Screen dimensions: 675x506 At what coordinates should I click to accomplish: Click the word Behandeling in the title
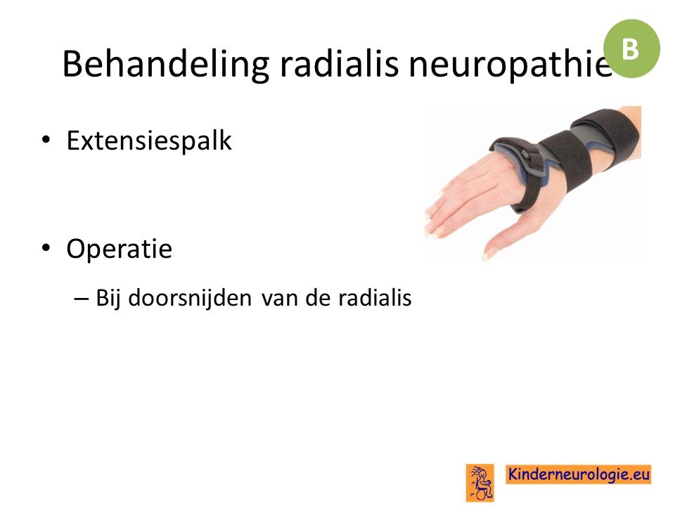point(166,64)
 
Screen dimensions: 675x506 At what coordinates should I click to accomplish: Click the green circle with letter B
point(631,48)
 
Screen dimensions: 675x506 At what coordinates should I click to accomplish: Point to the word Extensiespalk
point(149,140)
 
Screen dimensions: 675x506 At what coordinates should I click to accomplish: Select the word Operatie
point(120,248)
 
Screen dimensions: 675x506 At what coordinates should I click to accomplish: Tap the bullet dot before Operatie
point(46,248)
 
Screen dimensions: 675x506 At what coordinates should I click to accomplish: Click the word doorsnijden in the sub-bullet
point(190,297)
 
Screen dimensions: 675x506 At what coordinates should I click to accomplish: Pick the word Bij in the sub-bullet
point(108,298)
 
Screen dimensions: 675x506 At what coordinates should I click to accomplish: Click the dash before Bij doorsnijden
point(82,298)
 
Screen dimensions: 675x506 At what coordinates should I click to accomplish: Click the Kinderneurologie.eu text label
point(579,474)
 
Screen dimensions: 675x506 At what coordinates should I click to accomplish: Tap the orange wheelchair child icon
point(480,482)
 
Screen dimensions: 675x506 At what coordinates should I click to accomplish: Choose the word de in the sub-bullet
point(318,297)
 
